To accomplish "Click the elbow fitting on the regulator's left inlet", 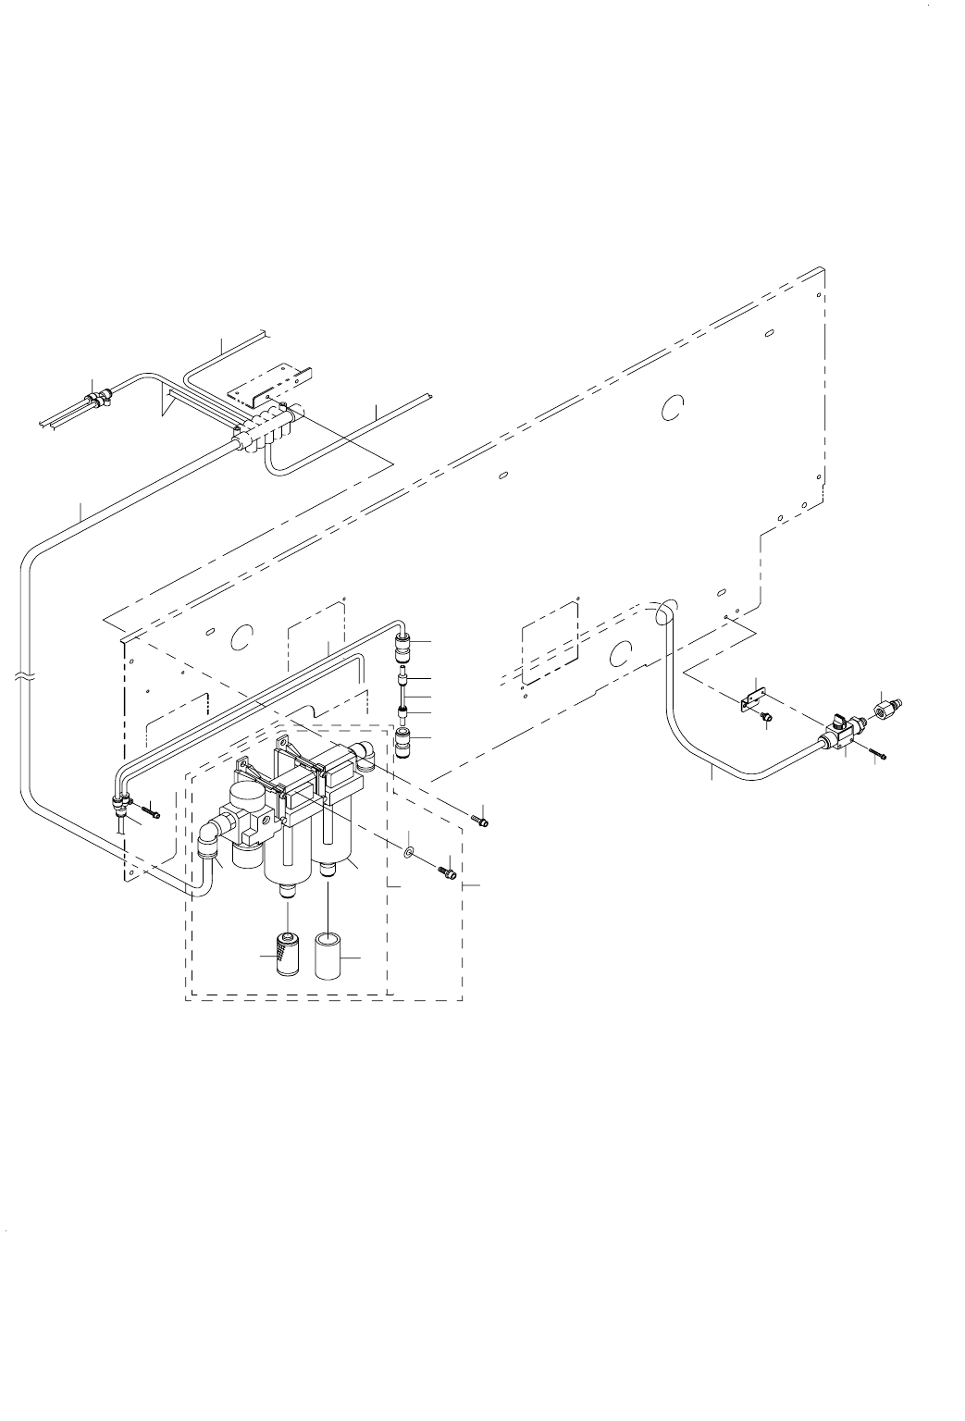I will click(x=208, y=840).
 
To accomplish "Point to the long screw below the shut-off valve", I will click(x=877, y=752).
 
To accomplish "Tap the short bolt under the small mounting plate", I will click(x=766, y=717).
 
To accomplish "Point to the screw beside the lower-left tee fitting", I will click(x=151, y=814).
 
